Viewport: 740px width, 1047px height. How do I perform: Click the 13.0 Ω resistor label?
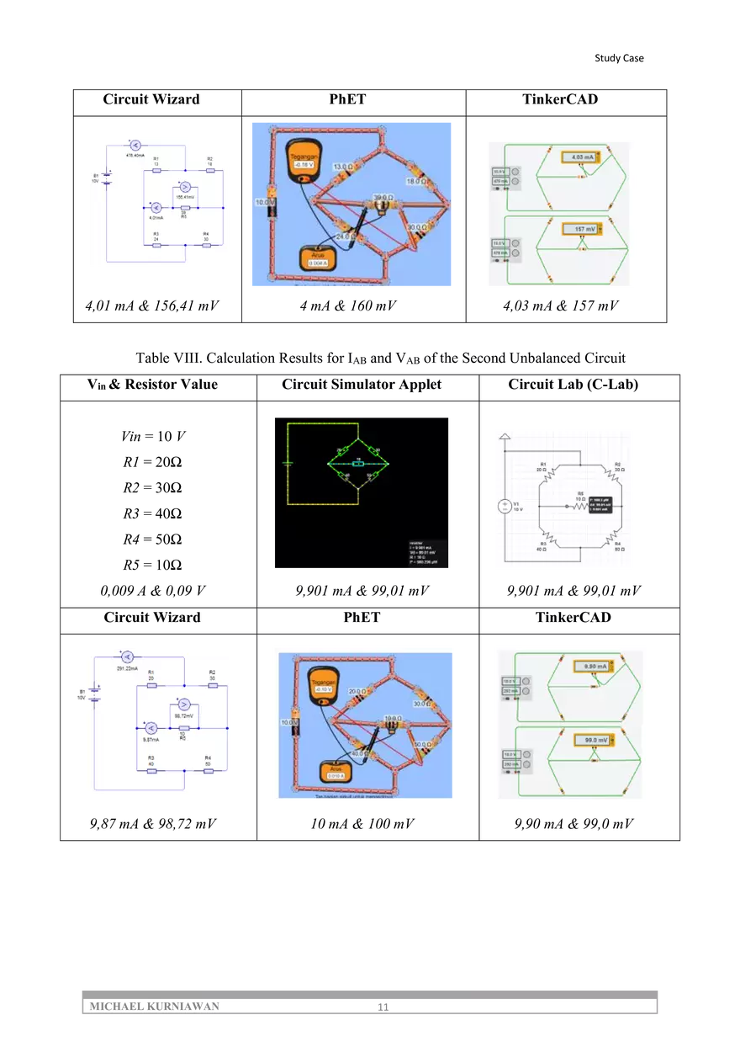[x=343, y=167]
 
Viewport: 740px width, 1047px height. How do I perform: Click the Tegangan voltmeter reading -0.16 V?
[x=307, y=165]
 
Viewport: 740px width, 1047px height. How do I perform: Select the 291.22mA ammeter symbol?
[x=126, y=656]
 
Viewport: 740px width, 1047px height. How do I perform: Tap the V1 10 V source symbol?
[x=505, y=506]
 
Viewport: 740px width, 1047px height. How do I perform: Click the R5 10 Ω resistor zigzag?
[x=579, y=506]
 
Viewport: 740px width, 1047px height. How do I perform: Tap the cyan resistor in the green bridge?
[x=358, y=464]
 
